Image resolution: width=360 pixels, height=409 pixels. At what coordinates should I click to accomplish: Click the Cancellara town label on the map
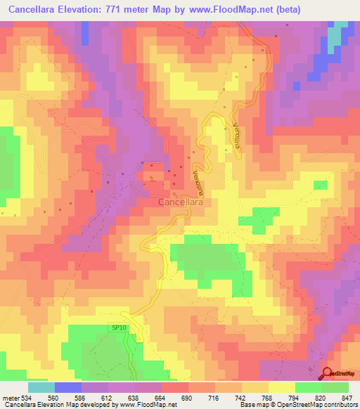181,202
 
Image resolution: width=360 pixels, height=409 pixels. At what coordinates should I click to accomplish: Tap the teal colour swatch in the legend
41,387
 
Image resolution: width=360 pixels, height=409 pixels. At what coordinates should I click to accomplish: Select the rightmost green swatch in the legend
335,387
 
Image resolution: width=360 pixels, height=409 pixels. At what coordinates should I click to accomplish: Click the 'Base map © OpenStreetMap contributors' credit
297,405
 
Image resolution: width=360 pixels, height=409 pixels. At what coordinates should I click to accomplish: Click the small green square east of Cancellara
320,185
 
